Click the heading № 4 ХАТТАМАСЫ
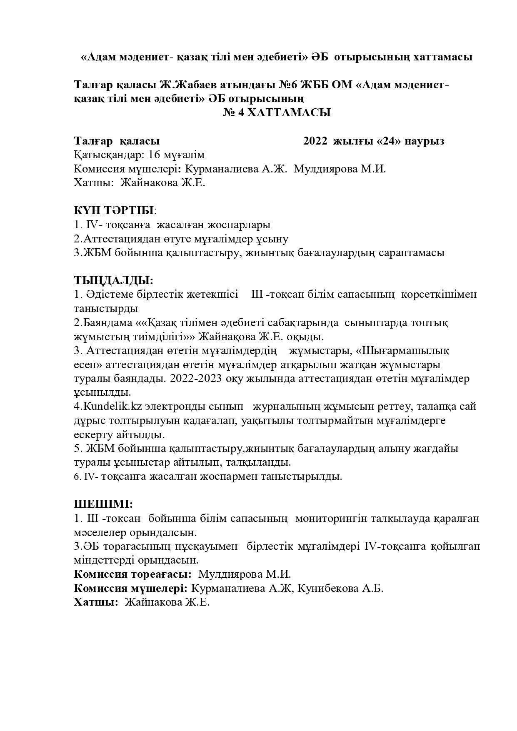277,112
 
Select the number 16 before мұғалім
154,155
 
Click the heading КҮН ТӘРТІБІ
114,210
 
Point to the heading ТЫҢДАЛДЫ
113,280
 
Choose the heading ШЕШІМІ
103,504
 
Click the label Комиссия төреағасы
132,574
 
